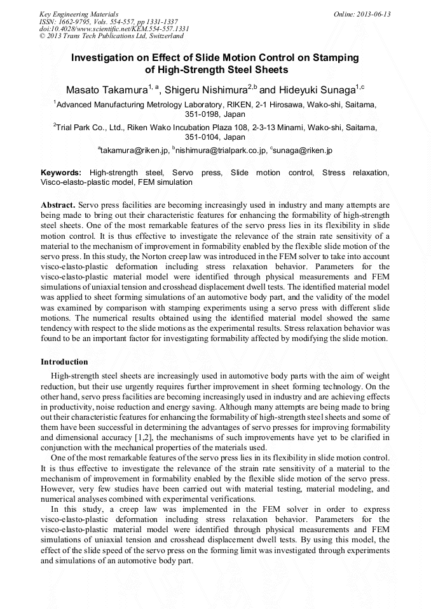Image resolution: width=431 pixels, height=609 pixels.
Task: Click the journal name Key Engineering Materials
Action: click(79, 14)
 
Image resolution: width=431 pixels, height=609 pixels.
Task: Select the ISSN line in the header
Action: click(109, 22)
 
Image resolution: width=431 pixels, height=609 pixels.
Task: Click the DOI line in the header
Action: click(114, 29)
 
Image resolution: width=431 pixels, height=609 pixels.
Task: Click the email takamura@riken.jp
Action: click(135, 151)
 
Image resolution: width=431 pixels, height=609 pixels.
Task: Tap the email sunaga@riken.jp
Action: click(304, 151)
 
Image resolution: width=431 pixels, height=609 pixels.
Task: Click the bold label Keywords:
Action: click(61, 173)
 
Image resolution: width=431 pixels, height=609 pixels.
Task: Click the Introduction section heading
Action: click(64, 362)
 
